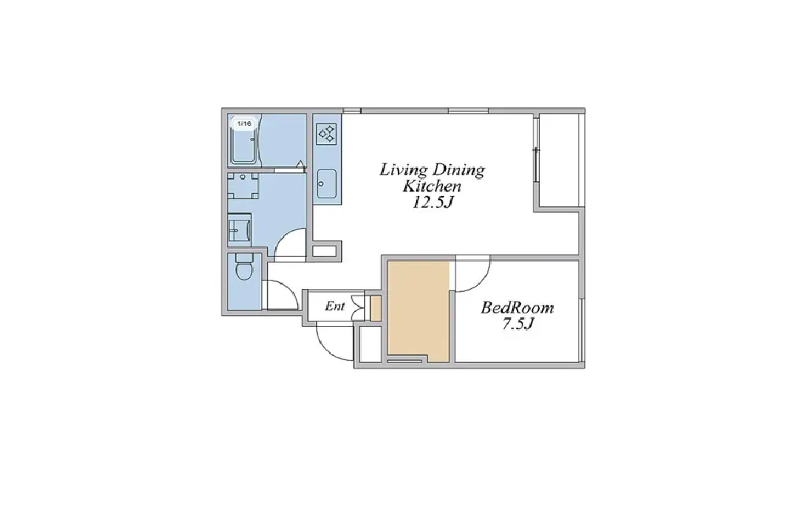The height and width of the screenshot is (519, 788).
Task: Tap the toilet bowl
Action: (244, 267)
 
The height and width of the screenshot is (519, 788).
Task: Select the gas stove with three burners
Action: (327, 134)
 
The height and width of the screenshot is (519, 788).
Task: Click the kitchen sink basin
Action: (327, 184)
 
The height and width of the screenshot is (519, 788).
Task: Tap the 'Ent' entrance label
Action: (335, 306)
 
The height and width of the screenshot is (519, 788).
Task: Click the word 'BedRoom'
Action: (518, 307)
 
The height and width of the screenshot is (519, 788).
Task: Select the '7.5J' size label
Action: (518, 324)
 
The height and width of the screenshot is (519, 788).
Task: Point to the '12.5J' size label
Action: (433, 202)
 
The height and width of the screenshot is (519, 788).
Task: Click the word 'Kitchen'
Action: (432, 187)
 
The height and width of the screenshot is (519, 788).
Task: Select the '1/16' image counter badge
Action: (244, 123)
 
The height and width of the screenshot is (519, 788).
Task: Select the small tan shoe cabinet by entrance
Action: (375, 309)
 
